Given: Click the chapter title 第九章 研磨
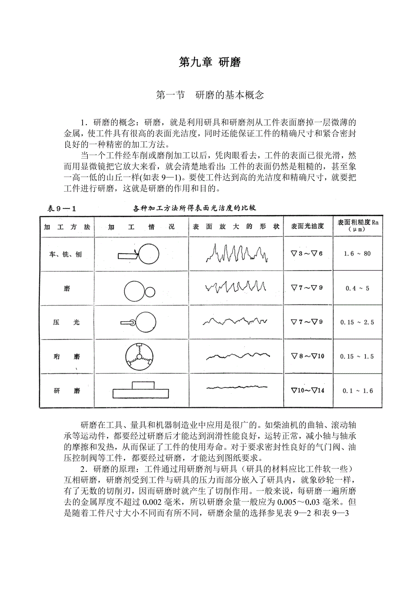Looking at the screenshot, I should pyautogui.click(x=210, y=63).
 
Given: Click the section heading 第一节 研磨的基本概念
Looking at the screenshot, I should pyautogui.click(x=210, y=95).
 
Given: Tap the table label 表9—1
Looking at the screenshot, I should pyautogui.click(x=61, y=208).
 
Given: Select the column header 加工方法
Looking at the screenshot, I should pyautogui.click(x=67, y=227).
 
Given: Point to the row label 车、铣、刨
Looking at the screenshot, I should pyautogui.click(x=67, y=254).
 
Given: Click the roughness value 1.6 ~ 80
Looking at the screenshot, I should pyautogui.click(x=357, y=254).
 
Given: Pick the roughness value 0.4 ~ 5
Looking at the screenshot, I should pyautogui.click(x=357, y=288).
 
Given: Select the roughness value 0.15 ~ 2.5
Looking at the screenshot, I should pyautogui.click(x=357, y=322).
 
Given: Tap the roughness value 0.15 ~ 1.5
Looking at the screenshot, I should pyautogui.click(x=357, y=356).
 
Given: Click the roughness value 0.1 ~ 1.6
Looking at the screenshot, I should pyautogui.click(x=357, y=391).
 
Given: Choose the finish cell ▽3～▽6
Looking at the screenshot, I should pyautogui.click(x=307, y=253).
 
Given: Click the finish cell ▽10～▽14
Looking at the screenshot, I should pyautogui.click(x=307, y=391).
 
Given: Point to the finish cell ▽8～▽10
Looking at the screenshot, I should pyautogui.click(x=307, y=356).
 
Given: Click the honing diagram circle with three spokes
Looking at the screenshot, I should pyautogui.click(x=138, y=355).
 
